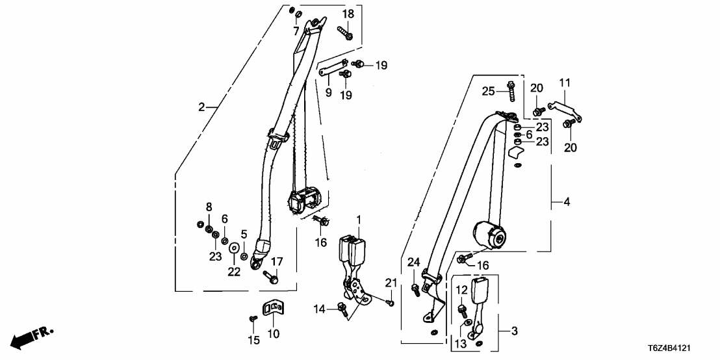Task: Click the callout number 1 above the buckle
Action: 357,220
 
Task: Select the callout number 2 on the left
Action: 202,107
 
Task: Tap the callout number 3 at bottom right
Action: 514,331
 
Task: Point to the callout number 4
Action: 566,203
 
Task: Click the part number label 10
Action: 273,335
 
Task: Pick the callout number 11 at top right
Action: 565,83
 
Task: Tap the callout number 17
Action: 277,262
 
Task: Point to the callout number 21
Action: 390,282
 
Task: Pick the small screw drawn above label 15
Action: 253,318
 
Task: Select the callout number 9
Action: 328,93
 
